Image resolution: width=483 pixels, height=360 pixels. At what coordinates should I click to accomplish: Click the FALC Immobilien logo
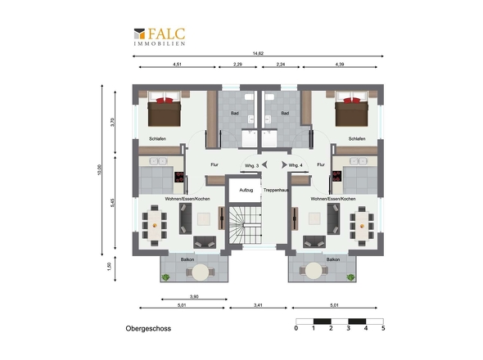[160, 37]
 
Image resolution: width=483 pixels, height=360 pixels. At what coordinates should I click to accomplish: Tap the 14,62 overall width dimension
[258, 53]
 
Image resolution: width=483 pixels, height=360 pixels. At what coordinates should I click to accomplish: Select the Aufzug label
[246, 190]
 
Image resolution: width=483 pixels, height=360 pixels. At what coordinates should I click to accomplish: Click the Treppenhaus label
[276, 190]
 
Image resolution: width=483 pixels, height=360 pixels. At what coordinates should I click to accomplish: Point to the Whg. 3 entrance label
[251, 165]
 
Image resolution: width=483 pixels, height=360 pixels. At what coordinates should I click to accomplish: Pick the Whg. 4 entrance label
[296, 165]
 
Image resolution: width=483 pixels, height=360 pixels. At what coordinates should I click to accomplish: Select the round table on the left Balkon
[201, 272]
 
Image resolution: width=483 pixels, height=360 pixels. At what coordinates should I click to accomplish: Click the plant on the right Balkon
[350, 277]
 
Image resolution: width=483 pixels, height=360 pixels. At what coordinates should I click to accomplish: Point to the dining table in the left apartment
[155, 225]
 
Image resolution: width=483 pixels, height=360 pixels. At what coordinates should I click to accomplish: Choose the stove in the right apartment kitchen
[336, 177]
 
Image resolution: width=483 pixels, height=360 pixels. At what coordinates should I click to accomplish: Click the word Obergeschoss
[148, 329]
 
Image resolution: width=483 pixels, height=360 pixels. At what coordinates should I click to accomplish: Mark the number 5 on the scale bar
[383, 328]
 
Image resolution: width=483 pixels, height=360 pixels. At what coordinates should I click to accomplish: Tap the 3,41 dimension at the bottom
[258, 305]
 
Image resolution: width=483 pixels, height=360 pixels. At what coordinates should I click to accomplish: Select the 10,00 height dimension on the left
[99, 169]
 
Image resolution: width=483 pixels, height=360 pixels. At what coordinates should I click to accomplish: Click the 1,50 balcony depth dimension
[109, 267]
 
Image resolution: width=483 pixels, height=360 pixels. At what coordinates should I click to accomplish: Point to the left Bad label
[235, 113]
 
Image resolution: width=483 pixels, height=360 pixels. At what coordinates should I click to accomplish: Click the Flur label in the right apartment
[321, 164]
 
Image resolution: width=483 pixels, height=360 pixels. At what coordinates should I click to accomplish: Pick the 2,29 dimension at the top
[237, 65]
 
